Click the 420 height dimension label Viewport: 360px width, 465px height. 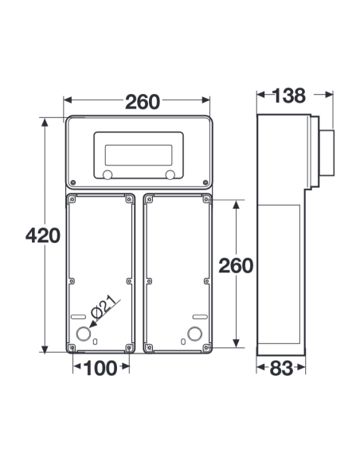[43, 236]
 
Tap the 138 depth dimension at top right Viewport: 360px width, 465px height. [288, 96]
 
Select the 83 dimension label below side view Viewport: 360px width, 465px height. [281, 369]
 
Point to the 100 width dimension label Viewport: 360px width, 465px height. [100, 369]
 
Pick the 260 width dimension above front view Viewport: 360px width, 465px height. [143, 102]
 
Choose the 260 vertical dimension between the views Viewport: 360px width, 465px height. [236, 265]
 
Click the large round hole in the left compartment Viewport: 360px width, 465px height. [84, 334]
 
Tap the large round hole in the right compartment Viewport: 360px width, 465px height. [195, 334]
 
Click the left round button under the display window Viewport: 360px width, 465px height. [108, 174]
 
